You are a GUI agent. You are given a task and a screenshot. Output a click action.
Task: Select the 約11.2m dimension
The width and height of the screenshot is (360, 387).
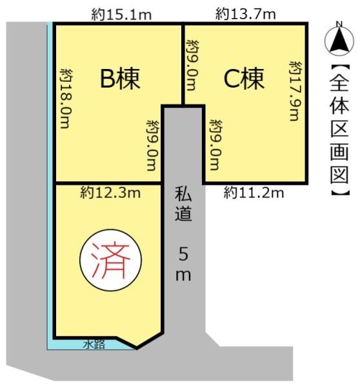[254, 192]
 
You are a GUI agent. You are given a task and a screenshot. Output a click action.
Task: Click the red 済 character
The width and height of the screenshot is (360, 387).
[108, 261]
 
